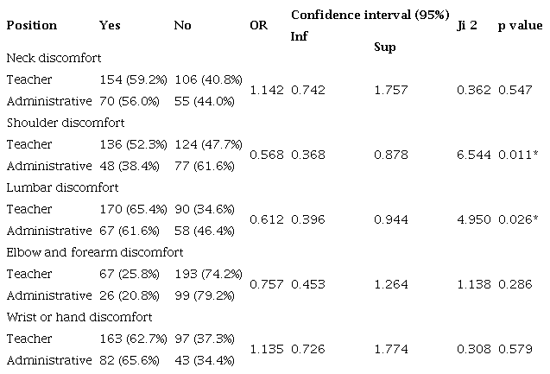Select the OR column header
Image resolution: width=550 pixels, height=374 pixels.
(258, 25)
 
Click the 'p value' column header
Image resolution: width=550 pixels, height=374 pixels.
(520, 25)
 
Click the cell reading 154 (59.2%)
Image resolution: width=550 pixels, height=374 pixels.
(134, 79)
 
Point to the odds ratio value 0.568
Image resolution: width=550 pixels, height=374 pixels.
(266, 155)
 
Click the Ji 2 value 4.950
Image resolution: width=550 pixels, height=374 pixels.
(474, 219)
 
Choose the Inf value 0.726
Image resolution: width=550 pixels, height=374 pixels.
(307, 349)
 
